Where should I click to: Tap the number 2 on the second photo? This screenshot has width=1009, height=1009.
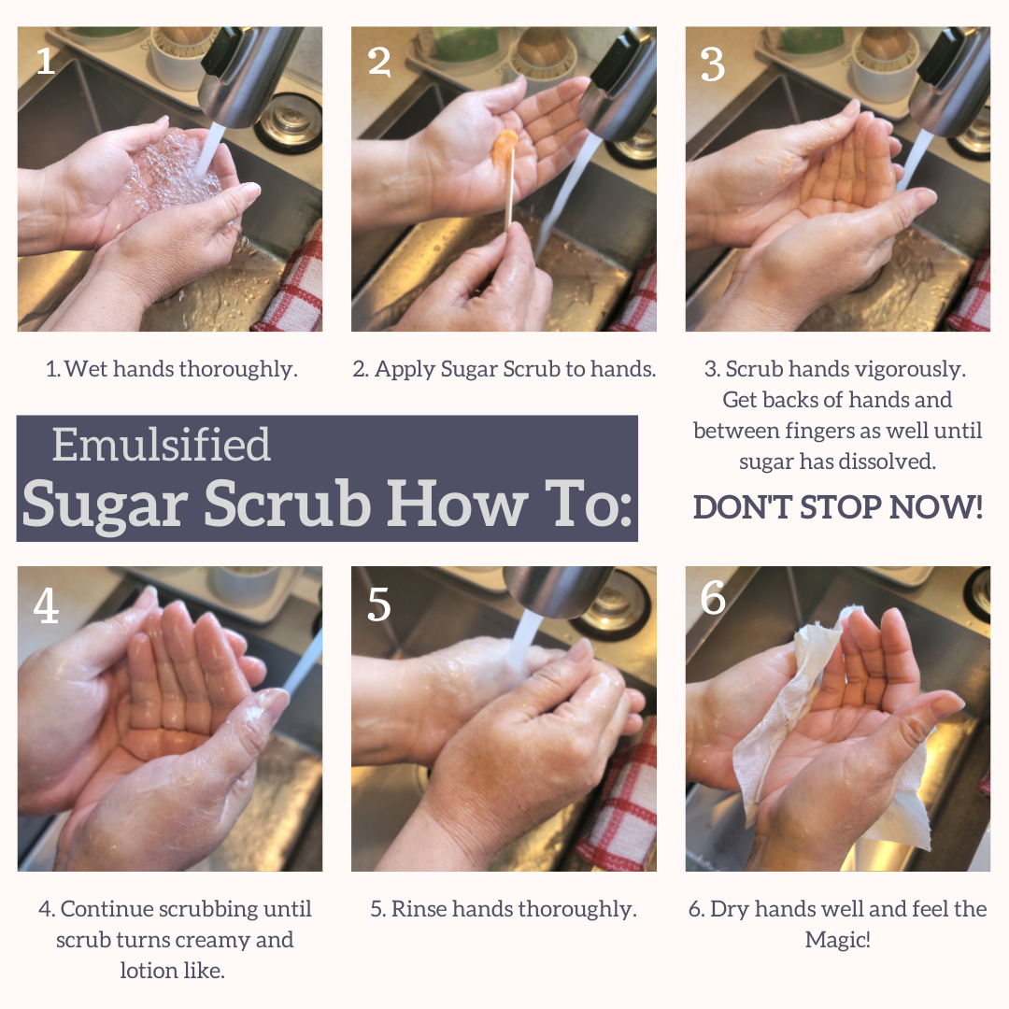point(379,61)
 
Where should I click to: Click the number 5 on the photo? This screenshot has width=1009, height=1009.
point(379,605)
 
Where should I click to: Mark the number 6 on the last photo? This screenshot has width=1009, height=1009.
point(713,598)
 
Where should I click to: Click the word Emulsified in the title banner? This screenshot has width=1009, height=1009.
point(161,445)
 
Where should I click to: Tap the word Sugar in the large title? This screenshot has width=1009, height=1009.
point(105,504)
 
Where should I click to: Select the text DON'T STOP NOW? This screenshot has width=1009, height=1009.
point(837,507)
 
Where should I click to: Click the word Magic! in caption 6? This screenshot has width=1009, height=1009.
point(837,940)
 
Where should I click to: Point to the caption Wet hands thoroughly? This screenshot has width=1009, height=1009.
point(172,369)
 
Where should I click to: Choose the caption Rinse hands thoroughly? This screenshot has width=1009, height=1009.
point(504,909)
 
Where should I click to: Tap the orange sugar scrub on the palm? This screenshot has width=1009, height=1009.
point(504,145)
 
